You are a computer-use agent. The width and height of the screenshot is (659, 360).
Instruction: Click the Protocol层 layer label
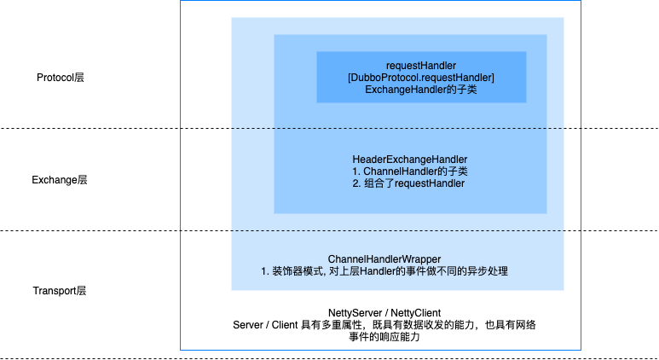tap(60, 78)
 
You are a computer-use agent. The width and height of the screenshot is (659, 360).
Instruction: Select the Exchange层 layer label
tap(60, 180)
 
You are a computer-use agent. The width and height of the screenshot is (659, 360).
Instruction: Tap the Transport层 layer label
tap(60, 291)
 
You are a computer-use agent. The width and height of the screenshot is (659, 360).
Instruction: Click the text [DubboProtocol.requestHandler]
tap(421, 78)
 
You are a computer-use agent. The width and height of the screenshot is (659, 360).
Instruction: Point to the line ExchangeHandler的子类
tap(421, 90)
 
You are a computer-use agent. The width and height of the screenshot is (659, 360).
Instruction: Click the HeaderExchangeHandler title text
tap(410, 160)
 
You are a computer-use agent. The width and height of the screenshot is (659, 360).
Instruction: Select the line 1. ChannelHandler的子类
tap(410, 171)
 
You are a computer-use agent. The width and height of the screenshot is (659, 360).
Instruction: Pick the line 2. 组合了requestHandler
tap(408, 183)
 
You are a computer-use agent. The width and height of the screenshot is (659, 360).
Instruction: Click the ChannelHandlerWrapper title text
tap(384, 259)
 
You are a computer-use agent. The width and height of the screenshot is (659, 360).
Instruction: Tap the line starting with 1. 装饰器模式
tap(384, 271)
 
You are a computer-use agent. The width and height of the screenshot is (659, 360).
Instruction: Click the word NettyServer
tap(356, 313)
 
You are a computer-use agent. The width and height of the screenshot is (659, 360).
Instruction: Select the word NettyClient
tap(416, 313)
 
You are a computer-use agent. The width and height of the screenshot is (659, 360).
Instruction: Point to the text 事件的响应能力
tap(384, 337)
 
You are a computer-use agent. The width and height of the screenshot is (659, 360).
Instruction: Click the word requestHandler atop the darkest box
tap(421, 66)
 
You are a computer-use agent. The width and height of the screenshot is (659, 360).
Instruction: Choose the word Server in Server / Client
tap(247, 325)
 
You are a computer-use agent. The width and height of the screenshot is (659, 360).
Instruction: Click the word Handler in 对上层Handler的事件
tap(377, 271)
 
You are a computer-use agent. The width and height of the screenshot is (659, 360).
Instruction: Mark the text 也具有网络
tap(511, 325)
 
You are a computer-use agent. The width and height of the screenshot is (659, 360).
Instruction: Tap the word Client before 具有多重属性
tap(285, 325)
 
